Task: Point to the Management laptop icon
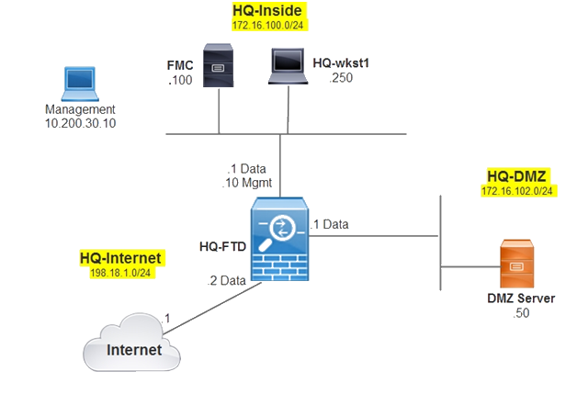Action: [73, 84]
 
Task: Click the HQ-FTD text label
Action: [221, 246]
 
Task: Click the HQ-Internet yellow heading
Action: [119, 260]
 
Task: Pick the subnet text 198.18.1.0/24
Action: [119, 275]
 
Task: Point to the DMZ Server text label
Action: [520, 298]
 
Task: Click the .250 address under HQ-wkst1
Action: [341, 79]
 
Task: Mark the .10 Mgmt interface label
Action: [248, 183]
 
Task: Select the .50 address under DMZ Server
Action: [520, 313]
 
